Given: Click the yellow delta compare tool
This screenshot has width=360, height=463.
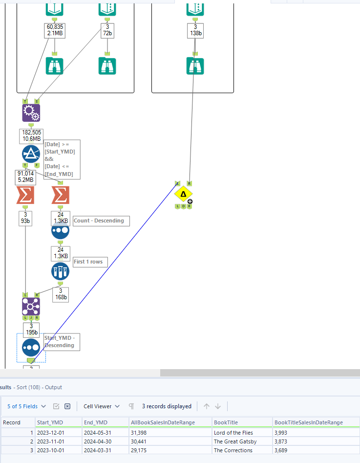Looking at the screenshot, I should click(x=183, y=194).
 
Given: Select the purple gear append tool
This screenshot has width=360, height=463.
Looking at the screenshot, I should click(x=31, y=113).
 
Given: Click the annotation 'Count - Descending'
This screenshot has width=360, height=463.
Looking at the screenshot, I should click(x=101, y=221).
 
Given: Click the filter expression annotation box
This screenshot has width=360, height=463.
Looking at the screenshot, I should click(x=61, y=159).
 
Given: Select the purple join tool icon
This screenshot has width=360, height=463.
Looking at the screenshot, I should click(x=31, y=307).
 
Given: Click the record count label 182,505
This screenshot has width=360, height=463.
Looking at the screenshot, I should click(x=31, y=132).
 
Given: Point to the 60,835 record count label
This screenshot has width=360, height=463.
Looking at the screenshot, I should click(x=54, y=26).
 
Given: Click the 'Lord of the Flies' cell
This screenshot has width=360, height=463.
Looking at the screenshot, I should click(x=234, y=433).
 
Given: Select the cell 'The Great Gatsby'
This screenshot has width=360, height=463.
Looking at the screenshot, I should click(x=235, y=441).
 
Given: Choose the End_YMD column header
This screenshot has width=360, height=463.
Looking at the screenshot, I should click(x=96, y=422).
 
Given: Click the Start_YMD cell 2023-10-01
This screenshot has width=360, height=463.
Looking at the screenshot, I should click(x=51, y=450).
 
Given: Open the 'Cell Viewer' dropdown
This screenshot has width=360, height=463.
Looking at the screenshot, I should click(x=101, y=406).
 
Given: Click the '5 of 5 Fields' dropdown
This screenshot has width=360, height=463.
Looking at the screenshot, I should click(x=27, y=406).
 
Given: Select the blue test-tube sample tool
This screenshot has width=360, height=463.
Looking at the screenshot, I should click(x=61, y=271).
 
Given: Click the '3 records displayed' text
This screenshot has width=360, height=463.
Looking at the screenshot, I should click(x=167, y=406).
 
